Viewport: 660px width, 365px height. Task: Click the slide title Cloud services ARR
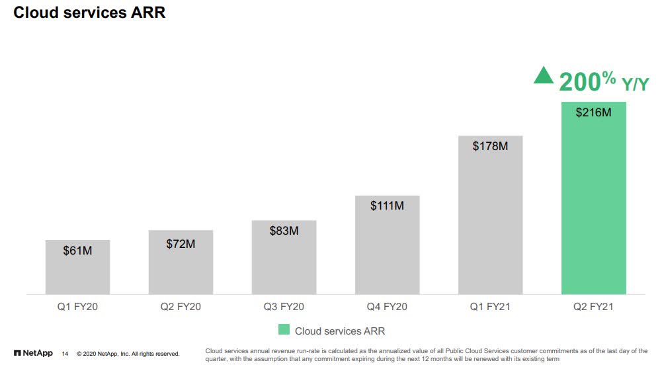point(89,13)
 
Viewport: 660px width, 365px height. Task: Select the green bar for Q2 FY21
point(593,212)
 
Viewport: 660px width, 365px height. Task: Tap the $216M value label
point(593,112)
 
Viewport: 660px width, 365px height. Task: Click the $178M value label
point(490,146)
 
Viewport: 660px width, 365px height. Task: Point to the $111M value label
point(387,206)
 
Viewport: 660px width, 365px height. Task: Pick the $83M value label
point(284,231)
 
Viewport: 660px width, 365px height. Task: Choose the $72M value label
point(181,244)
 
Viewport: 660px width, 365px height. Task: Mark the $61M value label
point(77,251)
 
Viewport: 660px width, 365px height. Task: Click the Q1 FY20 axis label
point(77,307)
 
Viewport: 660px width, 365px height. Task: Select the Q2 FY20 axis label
point(181,307)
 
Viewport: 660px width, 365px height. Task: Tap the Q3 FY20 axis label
point(284,307)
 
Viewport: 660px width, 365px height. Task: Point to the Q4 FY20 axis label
point(387,307)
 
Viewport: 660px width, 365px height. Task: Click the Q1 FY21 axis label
point(490,307)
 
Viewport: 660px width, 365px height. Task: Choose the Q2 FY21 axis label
point(593,307)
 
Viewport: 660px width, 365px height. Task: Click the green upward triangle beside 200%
point(544,76)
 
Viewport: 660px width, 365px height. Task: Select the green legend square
point(284,330)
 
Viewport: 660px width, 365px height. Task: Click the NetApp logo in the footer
point(33,353)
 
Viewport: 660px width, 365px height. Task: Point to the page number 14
point(65,354)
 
